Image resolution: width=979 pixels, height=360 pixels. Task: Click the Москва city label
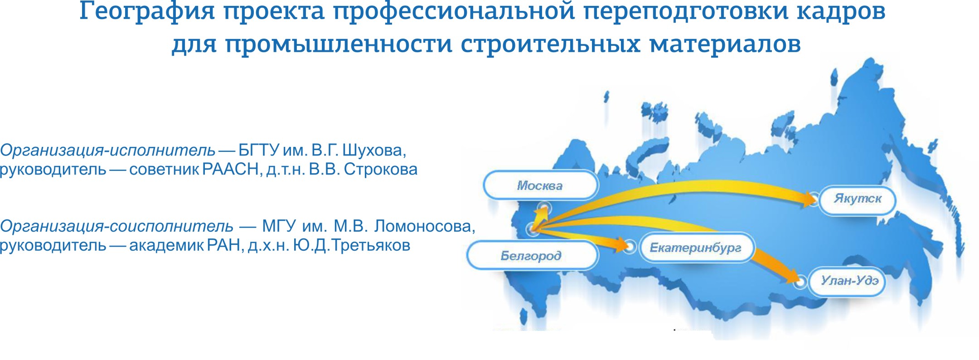coord(541,185)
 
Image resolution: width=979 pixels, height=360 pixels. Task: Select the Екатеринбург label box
coord(696,248)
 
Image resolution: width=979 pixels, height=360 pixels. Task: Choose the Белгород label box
coord(532,256)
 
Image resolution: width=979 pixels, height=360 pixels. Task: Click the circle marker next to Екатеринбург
coord(630,247)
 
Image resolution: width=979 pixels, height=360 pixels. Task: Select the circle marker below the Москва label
coord(543,209)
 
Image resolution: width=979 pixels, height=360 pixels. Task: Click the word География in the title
coord(147,12)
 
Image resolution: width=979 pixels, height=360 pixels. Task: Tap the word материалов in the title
coord(725,44)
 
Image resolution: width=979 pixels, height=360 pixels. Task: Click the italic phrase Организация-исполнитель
coord(107,150)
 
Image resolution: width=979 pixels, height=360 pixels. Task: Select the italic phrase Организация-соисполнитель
coord(116,226)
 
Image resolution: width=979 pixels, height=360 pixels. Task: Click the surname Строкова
coord(381,169)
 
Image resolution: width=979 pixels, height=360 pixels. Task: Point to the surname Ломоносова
coord(424,226)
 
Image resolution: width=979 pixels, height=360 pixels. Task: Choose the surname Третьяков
coord(371,245)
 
